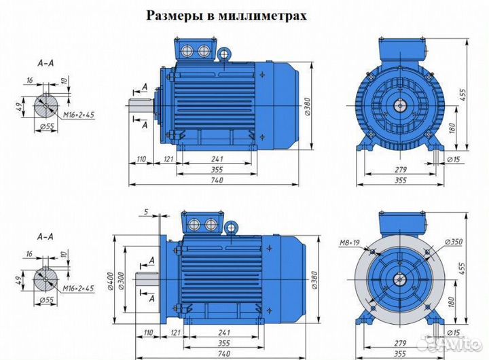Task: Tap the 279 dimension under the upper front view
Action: pos(401,168)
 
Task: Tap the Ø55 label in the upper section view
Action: pos(47,126)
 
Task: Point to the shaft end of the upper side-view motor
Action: pos(138,106)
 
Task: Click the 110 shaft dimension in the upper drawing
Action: pos(142,158)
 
